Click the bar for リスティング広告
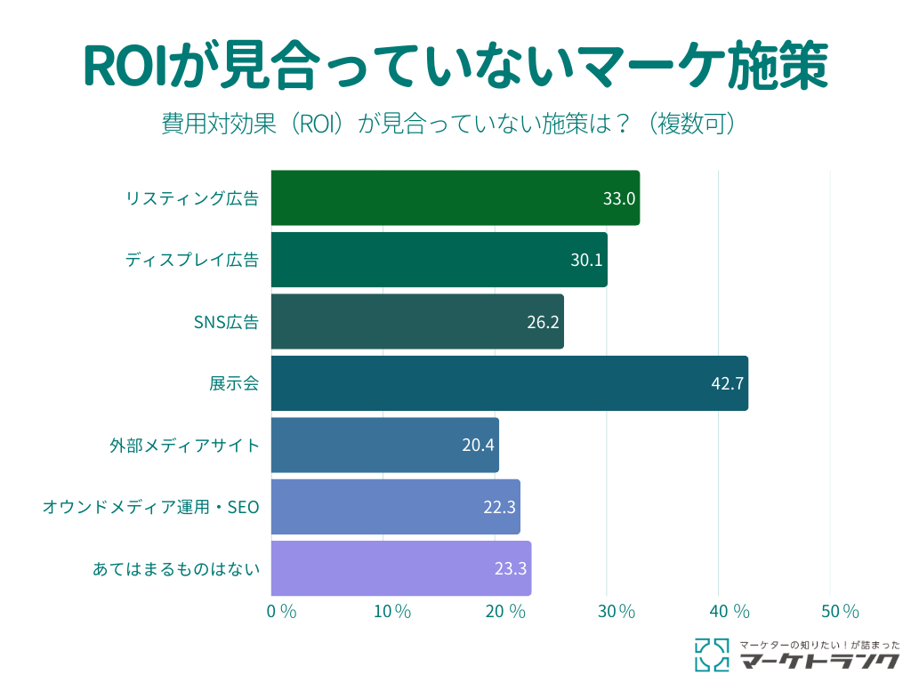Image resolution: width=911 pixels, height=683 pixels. click(x=455, y=197)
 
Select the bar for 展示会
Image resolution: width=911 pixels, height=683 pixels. click(x=509, y=383)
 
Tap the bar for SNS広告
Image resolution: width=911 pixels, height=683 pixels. click(x=416, y=321)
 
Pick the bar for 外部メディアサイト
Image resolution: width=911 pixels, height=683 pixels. click(x=384, y=445)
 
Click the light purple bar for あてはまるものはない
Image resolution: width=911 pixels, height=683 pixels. click(x=400, y=568)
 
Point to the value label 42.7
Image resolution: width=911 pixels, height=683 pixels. click(x=727, y=383)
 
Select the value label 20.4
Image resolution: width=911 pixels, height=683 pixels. click(x=478, y=445)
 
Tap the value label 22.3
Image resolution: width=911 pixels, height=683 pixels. click(x=499, y=507)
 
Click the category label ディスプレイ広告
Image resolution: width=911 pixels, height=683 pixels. click(x=191, y=260)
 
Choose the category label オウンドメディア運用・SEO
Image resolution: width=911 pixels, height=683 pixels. click(x=150, y=507)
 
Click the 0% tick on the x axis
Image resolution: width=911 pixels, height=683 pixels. click(x=281, y=611)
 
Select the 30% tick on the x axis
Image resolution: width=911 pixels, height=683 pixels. click(x=616, y=611)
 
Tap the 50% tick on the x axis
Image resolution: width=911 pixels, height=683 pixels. click(x=839, y=611)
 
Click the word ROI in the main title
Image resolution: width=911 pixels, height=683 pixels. click(x=125, y=66)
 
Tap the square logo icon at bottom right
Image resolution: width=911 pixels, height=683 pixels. click(x=711, y=654)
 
